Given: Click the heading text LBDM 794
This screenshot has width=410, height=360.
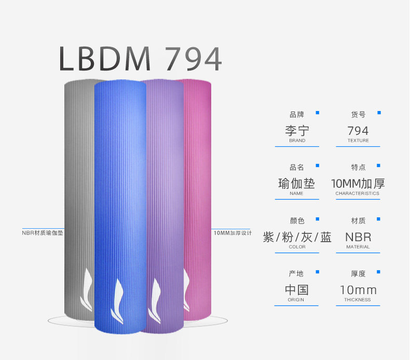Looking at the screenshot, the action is tap(140, 59).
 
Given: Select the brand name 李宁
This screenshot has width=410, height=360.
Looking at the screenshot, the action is tap(297, 130).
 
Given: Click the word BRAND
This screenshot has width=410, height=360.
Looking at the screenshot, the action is tap(297, 141).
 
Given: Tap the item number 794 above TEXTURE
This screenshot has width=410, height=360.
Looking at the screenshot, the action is tap(358, 130).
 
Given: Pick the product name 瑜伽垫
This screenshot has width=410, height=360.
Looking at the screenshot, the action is tap(297, 183).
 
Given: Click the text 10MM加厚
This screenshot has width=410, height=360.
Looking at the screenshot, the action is tap(358, 183).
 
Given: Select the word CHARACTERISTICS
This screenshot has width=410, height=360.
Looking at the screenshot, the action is tap(358, 193).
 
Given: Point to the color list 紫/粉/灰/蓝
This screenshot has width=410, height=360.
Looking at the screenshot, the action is tap(297, 237).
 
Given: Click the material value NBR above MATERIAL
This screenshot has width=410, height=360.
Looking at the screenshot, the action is tap(358, 237).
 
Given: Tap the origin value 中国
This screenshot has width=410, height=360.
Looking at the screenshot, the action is tap(297, 289).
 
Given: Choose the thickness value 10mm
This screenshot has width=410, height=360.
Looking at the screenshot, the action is tap(358, 289).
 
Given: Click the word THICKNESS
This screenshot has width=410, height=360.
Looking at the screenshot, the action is tap(358, 300).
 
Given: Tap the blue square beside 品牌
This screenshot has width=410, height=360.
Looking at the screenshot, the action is tap(318, 112).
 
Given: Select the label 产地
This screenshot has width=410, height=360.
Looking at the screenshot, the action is tap(297, 273).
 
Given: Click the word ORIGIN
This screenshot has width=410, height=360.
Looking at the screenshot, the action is tap(296, 300).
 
